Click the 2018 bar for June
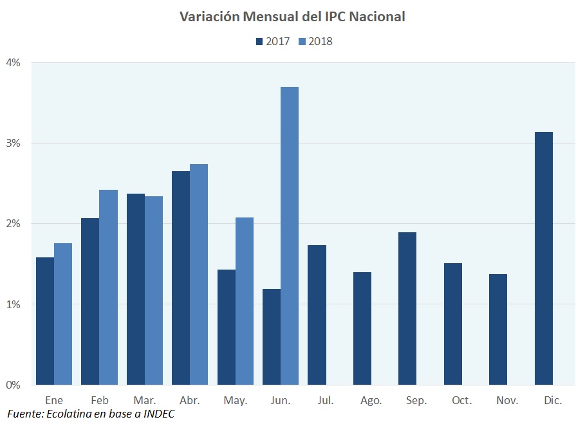(x=290, y=235)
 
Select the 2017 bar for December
(x=544, y=258)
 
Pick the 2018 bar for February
(x=108, y=287)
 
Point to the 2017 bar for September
(x=407, y=308)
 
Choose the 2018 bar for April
(x=199, y=274)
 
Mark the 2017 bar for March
(x=136, y=289)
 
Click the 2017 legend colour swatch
(x=259, y=41)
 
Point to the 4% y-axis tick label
(x=14, y=63)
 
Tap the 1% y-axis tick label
(x=14, y=304)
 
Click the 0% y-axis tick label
(x=14, y=385)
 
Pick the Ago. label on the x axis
(x=371, y=400)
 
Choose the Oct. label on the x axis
(x=461, y=400)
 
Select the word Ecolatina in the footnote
(x=68, y=413)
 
